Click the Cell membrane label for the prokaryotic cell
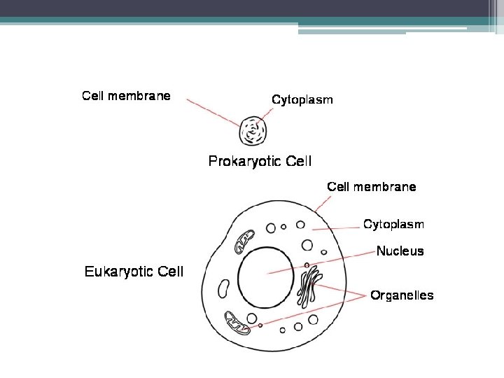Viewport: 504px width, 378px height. click(126, 96)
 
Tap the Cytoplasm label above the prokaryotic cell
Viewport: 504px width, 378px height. click(302, 99)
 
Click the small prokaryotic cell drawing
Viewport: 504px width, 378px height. click(254, 130)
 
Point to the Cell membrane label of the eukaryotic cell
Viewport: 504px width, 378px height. click(372, 187)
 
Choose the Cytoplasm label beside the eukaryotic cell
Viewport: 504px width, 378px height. click(393, 225)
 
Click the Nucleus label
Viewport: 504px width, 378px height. click(400, 251)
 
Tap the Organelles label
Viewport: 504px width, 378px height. click(402, 295)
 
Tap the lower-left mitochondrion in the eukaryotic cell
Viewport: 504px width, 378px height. click(237, 322)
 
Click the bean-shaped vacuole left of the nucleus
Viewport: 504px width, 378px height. click(224, 288)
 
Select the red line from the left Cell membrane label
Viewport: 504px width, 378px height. click(213, 112)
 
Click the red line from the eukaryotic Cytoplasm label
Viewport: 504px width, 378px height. click(343, 228)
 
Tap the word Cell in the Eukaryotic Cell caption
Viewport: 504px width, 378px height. click(169, 272)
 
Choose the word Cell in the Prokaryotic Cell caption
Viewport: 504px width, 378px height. click(297, 162)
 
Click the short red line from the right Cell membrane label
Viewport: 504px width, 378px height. click(323, 204)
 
